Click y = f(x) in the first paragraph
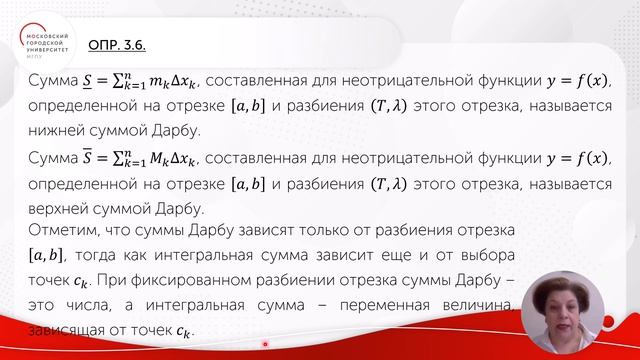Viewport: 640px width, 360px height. [579, 80]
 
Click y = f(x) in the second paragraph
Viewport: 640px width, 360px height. [579, 158]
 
